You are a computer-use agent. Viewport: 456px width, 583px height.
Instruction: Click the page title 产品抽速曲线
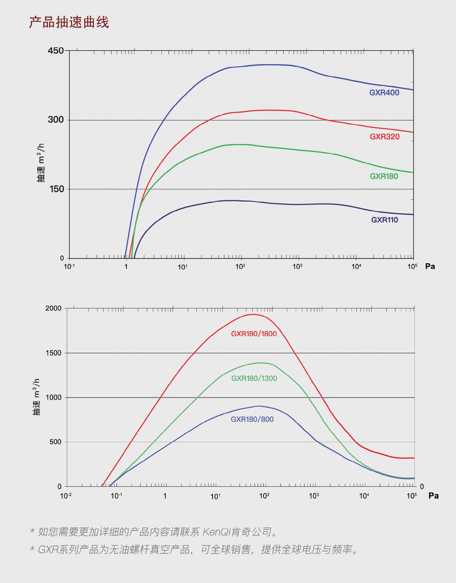(69, 23)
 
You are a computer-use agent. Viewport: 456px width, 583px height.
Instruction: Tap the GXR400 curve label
(384, 93)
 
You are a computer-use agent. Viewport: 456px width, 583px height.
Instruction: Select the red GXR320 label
(384, 137)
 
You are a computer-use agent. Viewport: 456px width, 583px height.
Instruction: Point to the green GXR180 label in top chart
(384, 176)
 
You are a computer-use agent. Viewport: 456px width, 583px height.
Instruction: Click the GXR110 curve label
(384, 220)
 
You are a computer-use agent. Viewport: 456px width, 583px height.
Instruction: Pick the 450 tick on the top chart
(56, 50)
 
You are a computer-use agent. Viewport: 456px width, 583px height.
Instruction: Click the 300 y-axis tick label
(56, 120)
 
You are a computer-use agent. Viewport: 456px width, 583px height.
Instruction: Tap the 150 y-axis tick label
(57, 189)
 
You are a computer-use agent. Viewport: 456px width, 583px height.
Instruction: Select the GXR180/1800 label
(254, 334)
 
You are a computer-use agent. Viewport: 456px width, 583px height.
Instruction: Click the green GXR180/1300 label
(254, 378)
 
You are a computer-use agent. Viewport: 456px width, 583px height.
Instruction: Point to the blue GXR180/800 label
(252, 419)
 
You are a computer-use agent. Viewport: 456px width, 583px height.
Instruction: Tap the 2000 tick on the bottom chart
(54, 308)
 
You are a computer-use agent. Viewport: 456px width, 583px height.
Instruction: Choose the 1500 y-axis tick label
(54, 353)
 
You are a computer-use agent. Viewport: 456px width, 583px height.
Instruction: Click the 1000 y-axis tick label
(54, 397)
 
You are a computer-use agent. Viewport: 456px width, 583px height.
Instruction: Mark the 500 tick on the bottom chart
(55, 442)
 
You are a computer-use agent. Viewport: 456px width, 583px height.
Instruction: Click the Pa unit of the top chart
(430, 266)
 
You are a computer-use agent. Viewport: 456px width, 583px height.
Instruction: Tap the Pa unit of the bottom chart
(433, 496)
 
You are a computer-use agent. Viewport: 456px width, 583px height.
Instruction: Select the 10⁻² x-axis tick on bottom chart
(66, 496)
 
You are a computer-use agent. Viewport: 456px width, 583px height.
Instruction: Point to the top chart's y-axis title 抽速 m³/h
(41, 163)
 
